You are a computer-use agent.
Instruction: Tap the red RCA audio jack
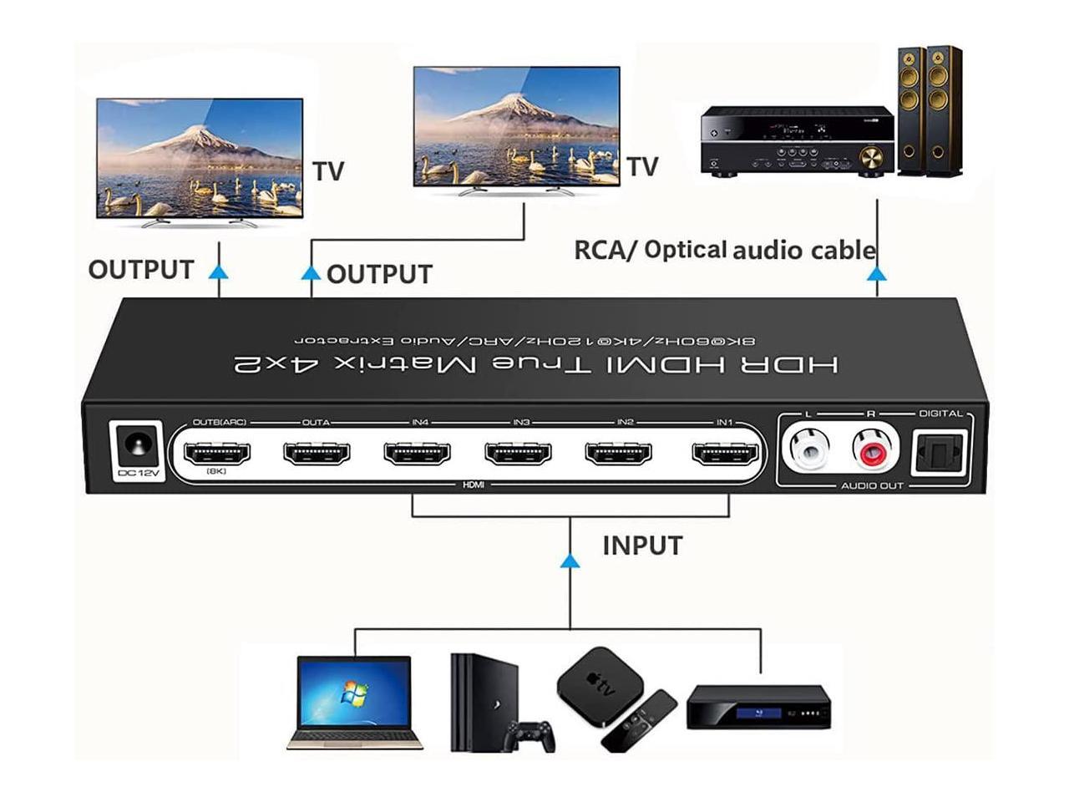pyautogui.click(x=874, y=449)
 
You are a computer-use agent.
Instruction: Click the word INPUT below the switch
pyautogui.click(x=642, y=546)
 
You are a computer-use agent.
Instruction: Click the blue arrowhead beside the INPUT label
pyautogui.click(x=570, y=561)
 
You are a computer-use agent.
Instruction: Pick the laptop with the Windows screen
pyautogui.click(x=354, y=703)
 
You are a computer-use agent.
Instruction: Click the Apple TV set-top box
pyautogui.click(x=600, y=682)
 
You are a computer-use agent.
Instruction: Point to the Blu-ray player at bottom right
pyautogui.click(x=758, y=707)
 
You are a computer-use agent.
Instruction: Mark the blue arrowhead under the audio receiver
pyautogui.click(x=877, y=273)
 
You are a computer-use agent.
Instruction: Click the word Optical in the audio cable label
pyautogui.click(x=686, y=250)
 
